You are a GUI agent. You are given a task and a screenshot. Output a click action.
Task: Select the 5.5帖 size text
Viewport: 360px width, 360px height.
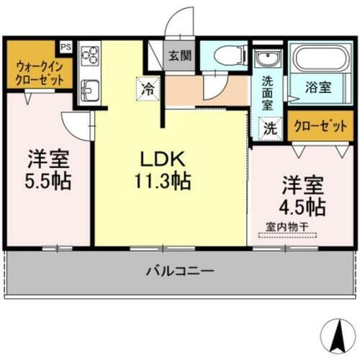tap(49, 180)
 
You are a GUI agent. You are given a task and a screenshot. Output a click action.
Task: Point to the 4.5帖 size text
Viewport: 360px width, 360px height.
tap(303, 206)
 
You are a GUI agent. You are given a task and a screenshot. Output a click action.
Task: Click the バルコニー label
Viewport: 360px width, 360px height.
tap(179, 272)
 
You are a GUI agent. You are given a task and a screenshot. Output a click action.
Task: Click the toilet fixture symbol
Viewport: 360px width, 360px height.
tap(222, 55)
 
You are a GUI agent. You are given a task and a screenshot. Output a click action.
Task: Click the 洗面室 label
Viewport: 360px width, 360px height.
tap(267, 93)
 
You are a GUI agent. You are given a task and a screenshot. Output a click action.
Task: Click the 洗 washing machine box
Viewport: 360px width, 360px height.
tap(268, 130)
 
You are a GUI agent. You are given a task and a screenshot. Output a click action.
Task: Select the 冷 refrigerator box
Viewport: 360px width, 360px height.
tap(147, 91)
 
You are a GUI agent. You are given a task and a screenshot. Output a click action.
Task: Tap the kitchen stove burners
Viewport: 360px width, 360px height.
tap(91, 56)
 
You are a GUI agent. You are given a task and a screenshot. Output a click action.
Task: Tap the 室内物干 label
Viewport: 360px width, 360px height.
tap(287, 227)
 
